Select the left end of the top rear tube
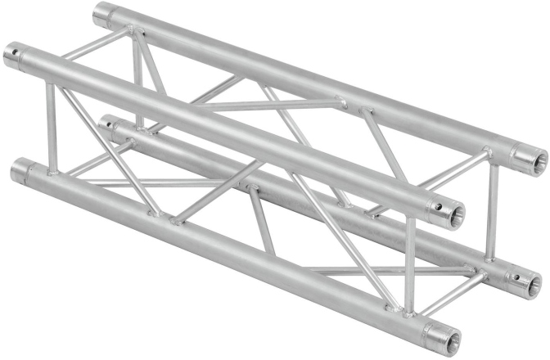click(101, 14)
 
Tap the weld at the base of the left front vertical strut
click(53, 174)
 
